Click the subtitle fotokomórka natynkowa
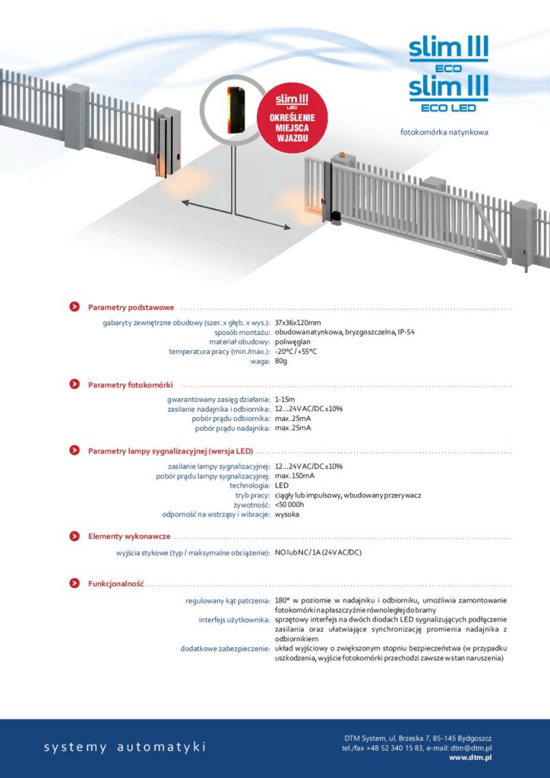tap(444, 132)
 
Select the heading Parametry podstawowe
tap(131, 308)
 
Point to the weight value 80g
tap(281, 361)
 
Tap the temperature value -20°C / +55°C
tap(296, 351)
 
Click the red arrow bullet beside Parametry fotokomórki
tap(74, 384)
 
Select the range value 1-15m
tap(285, 399)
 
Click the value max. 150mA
tap(296, 476)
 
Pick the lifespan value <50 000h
tap(289, 504)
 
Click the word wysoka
tap(286, 514)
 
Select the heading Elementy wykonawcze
tap(129, 536)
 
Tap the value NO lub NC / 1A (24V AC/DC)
tap(318, 552)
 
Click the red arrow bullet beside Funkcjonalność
tap(74, 583)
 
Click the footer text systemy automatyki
tap(125, 747)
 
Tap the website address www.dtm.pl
tap(470, 757)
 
